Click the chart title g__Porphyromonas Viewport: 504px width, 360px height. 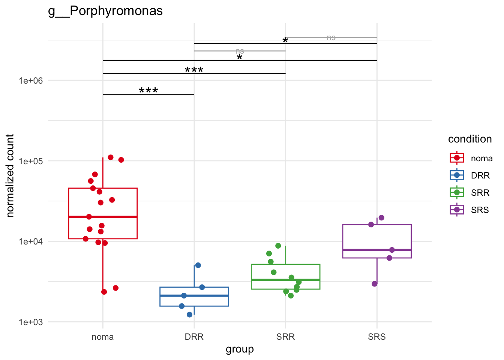[x=105, y=11]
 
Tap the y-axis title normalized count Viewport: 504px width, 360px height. [x=10, y=175]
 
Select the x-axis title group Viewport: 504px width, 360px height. [x=240, y=349]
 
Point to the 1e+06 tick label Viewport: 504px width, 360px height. [x=31, y=81]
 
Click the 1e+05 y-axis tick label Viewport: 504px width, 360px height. [x=31, y=161]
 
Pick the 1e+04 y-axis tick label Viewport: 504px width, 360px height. [x=31, y=241]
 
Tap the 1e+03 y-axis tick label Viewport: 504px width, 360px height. [x=31, y=322]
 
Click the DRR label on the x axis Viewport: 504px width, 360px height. [x=194, y=337]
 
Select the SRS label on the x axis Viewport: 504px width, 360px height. [x=377, y=337]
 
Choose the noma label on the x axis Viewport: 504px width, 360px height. [x=103, y=337]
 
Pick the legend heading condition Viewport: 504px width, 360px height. [x=470, y=139]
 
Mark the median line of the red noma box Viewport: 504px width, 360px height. [x=103, y=217]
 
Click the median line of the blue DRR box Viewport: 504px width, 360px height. [x=194, y=295]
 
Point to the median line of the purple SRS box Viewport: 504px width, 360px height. [x=377, y=250]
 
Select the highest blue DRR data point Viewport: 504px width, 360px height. [x=198, y=265]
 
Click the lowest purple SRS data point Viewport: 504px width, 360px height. [x=375, y=284]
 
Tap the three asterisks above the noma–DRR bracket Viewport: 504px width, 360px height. [x=148, y=90]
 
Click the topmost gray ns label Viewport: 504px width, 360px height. [x=331, y=37]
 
